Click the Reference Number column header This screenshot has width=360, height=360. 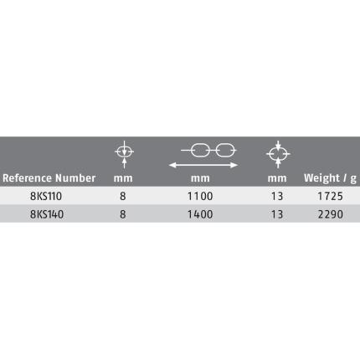[49, 178]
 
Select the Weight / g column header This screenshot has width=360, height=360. [330, 178]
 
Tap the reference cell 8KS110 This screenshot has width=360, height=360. [46, 196]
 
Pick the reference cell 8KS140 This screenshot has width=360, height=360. [47, 214]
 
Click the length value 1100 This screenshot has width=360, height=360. [200, 196]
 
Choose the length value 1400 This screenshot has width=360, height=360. [200, 214]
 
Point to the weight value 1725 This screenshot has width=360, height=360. [330, 196]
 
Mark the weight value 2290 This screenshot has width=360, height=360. [331, 214]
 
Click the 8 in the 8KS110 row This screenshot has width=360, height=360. [123, 196]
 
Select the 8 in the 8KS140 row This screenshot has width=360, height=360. [123, 214]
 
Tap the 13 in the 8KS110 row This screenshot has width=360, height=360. [277, 196]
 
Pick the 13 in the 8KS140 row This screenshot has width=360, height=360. [277, 214]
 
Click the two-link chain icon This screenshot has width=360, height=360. [208, 150]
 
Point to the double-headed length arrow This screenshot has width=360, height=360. [203, 165]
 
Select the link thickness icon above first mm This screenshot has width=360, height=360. [125, 154]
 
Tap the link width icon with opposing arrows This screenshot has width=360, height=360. [278, 154]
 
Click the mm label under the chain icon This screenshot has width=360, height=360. [200, 178]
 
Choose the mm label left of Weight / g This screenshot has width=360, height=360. [277, 178]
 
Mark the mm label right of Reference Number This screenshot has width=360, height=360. [123, 178]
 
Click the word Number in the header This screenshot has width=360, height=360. [75, 178]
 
